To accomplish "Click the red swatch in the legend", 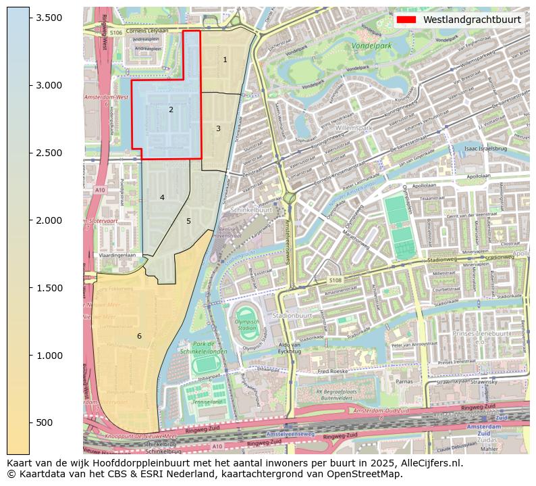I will [x=406, y=20].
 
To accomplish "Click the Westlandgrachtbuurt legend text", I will [x=472, y=20].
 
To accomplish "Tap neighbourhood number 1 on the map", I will [x=225, y=60].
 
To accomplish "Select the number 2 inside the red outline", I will [x=171, y=110].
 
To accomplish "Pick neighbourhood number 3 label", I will [x=218, y=128].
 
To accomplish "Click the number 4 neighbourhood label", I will [x=162, y=197].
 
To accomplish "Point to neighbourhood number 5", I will [x=188, y=221].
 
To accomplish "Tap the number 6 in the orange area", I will [x=139, y=336].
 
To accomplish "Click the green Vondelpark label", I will [x=371, y=47].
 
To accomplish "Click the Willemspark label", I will [x=353, y=127].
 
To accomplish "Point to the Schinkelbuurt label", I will [x=250, y=210].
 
